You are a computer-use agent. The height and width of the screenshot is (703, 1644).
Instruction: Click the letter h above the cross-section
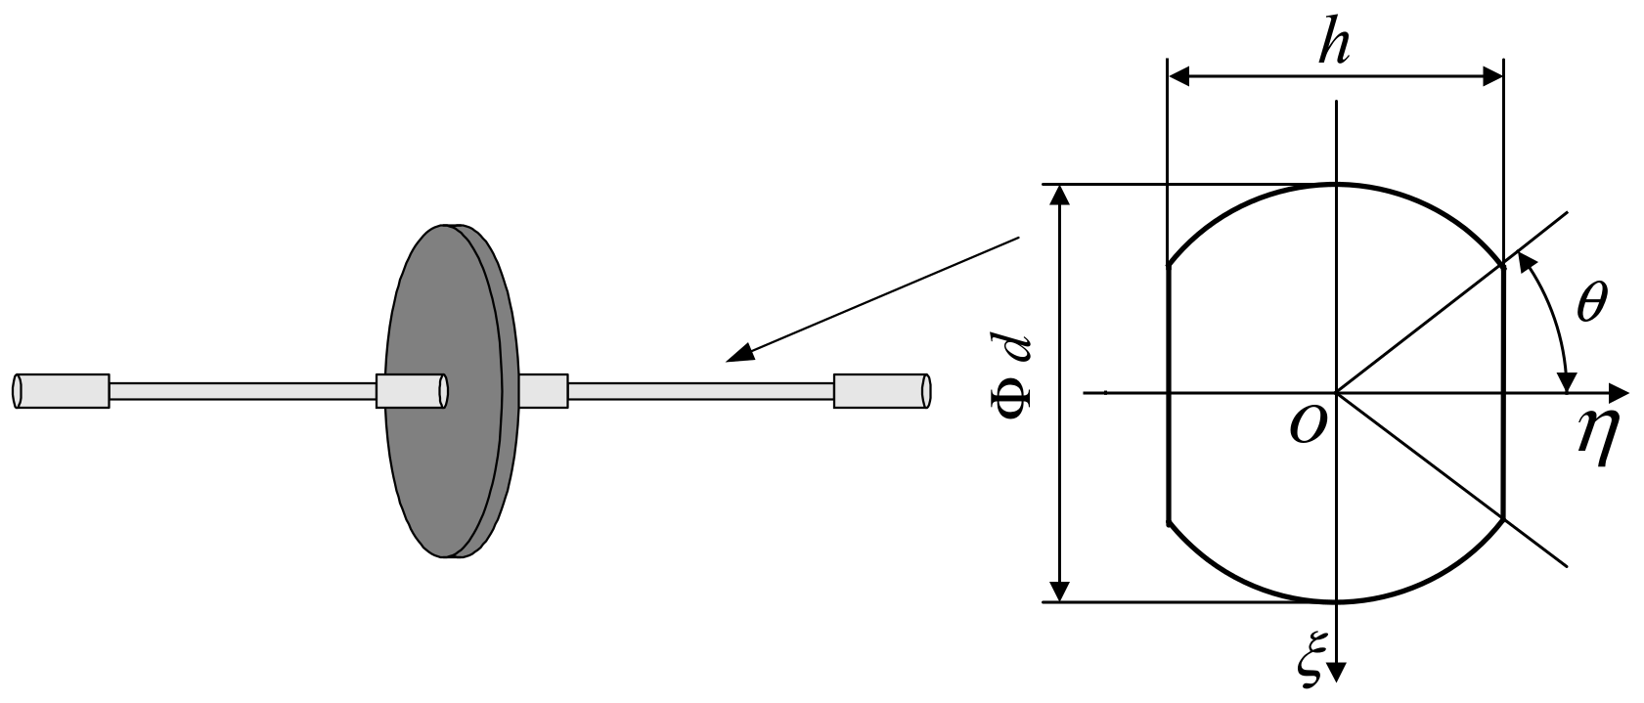[1333, 44]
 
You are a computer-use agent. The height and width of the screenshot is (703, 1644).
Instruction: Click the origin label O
[1307, 426]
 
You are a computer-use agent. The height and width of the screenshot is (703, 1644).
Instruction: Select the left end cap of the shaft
[61, 390]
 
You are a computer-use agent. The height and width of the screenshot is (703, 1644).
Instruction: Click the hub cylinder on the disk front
[412, 390]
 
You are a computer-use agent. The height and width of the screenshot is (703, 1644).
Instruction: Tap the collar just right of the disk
[543, 390]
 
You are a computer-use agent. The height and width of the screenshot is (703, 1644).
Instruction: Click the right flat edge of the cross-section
[1502, 391]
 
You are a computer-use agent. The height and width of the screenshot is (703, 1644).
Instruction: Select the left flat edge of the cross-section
[1169, 391]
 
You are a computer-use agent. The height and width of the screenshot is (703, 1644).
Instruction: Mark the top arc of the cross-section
[1336, 185]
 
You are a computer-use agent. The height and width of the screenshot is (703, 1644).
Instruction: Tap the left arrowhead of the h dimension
[1179, 74]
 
